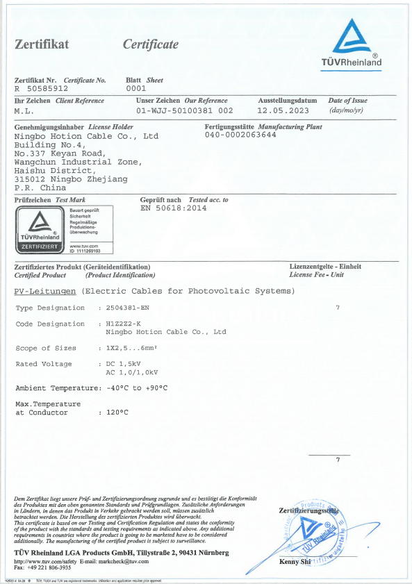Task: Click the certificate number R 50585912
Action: point(41,89)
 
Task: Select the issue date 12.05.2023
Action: point(281,110)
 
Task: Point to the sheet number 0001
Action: point(135,89)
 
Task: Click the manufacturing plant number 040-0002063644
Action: point(240,135)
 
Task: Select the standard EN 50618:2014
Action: point(174,208)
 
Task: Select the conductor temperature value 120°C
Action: point(116,412)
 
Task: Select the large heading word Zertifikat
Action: point(42,45)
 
